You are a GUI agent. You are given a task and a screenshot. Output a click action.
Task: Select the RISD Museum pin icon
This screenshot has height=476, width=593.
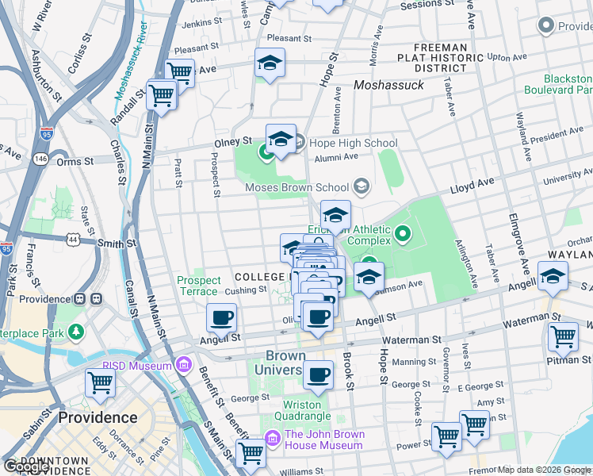point(184,365)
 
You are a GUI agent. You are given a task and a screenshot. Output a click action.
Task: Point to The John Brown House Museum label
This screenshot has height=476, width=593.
point(324,440)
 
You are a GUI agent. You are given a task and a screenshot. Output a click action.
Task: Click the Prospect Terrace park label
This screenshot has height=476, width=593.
point(198,286)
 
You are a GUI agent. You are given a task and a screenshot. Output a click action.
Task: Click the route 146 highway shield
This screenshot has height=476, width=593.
point(40,159)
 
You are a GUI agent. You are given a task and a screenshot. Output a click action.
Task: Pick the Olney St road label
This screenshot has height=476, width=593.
point(232,142)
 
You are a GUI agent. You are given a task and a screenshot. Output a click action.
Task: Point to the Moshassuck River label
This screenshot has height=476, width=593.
point(132,71)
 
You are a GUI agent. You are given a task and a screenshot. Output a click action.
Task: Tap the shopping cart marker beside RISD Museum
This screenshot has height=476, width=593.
point(101,383)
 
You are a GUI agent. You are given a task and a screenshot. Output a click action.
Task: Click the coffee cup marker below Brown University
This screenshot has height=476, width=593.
point(319,374)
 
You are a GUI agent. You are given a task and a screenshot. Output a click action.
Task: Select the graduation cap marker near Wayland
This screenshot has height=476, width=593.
point(553,276)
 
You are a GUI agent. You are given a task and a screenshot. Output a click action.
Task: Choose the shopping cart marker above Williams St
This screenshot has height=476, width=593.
point(251,453)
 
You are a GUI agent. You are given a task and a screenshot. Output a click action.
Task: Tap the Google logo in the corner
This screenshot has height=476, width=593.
point(26,466)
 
